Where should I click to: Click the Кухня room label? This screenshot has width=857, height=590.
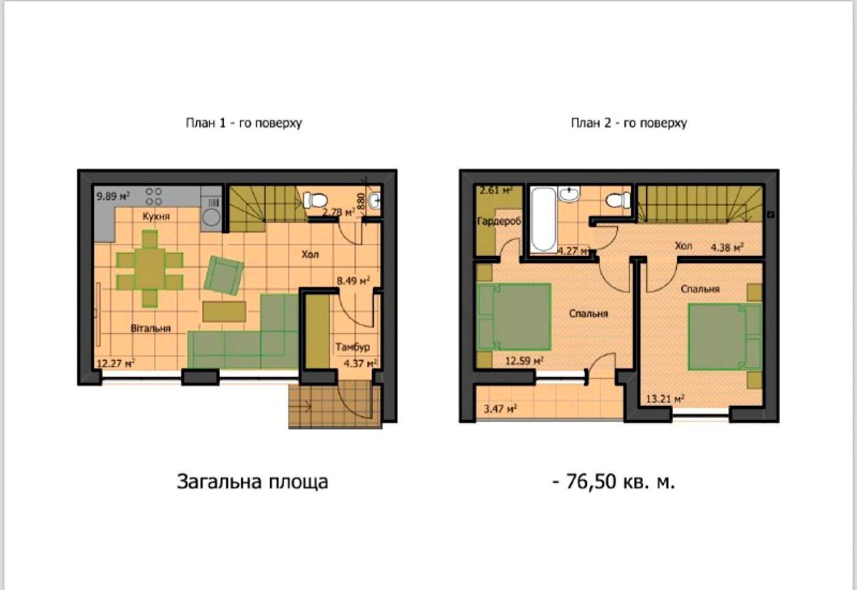click(x=156, y=216)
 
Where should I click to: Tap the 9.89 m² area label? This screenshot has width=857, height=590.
click(x=113, y=196)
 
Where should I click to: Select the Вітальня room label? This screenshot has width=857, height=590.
click(x=151, y=328)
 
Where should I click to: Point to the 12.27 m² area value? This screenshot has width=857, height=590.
click(x=116, y=363)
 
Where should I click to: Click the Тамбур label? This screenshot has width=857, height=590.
click(x=353, y=347)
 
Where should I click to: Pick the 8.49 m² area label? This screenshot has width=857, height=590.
click(x=353, y=281)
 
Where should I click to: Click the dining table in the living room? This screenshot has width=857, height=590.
click(x=150, y=268)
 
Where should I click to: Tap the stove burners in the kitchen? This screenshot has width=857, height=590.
click(x=154, y=196)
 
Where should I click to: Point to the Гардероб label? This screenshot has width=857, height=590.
click(x=498, y=221)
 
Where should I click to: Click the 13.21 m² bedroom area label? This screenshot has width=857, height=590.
click(x=665, y=399)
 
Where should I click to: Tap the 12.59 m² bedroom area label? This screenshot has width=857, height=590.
click(x=524, y=361)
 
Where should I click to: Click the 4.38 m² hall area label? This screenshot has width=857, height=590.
click(x=727, y=247)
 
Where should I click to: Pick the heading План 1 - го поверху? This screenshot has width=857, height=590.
click(x=244, y=123)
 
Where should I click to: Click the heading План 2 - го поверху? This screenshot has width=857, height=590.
click(x=629, y=123)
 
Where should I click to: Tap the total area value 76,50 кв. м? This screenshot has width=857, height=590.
click(x=613, y=482)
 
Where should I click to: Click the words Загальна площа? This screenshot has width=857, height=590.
click(x=252, y=482)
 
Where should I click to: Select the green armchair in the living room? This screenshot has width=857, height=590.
click(x=223, y=274)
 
